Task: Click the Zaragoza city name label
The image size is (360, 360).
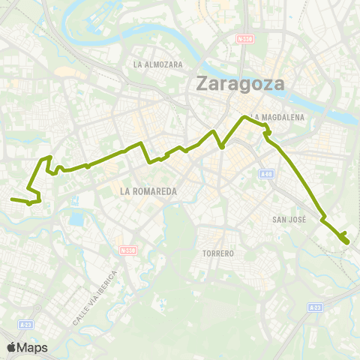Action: [x=240, y=83]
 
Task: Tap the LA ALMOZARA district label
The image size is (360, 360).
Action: [x=158, y=64]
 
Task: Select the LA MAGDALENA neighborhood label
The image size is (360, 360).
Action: [x=278, y=117]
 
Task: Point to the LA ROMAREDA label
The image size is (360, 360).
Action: [x=148, y=191]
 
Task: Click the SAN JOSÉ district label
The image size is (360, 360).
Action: [x=287, y=219]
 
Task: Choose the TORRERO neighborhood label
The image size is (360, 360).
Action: [x=218, y=253]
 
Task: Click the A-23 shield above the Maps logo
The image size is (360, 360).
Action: [x=26, y=324]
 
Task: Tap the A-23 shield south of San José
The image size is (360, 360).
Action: [x=315, y=307]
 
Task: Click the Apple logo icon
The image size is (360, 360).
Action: [x=12, y=347]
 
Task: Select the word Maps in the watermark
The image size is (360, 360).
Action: [x=34, y=347]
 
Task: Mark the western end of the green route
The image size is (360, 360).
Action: [x=12, y=199]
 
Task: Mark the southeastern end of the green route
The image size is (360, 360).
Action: [x=346, y=241]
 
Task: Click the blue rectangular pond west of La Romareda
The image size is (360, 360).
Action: [x=76, y=220]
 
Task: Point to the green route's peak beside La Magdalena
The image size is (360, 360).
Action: [x=243, y=118]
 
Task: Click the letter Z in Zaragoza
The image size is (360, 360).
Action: [x=203, y=83]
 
